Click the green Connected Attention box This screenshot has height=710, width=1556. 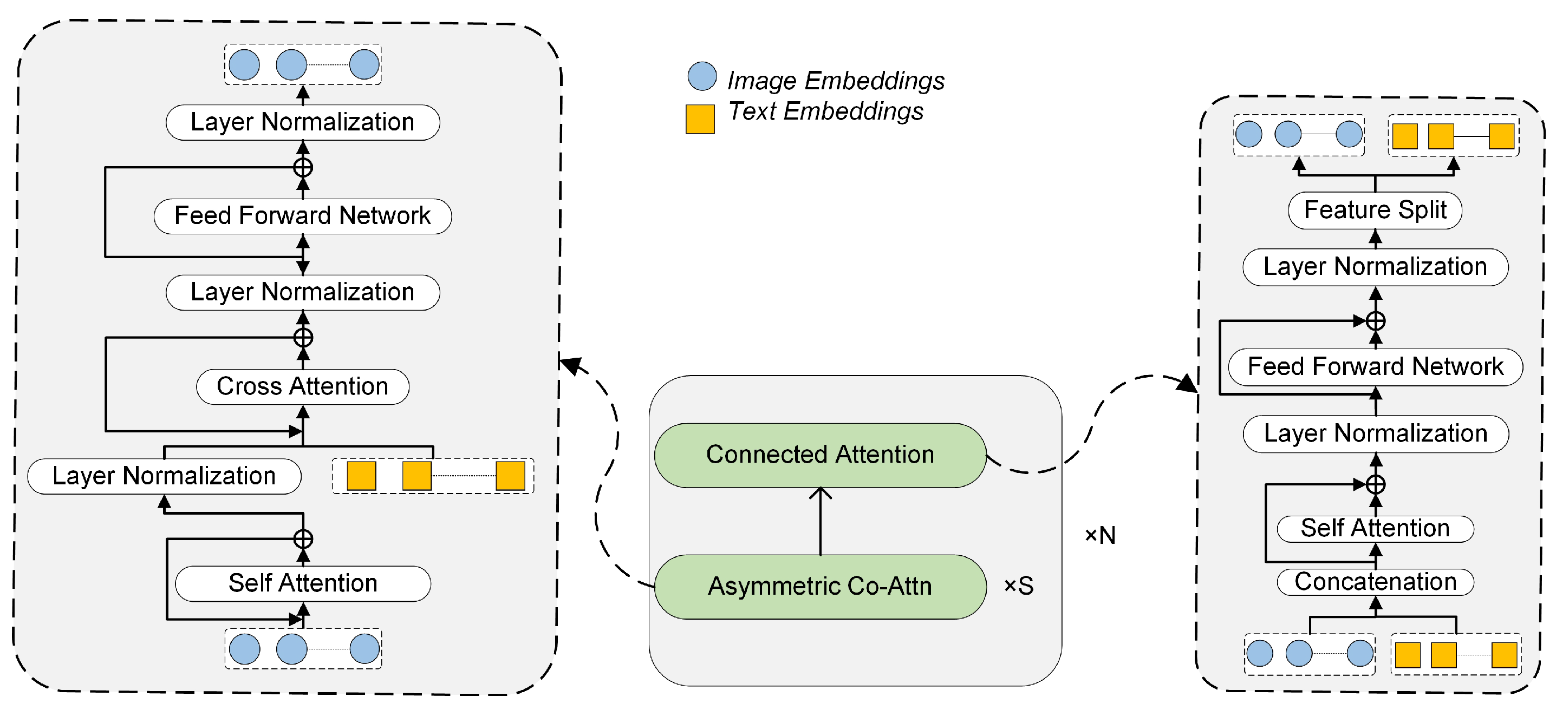[x=819, y=455]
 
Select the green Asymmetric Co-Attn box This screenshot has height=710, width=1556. [x=819, y=586]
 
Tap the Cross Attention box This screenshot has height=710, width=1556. [x=303, y=386]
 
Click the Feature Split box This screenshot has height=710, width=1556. [x=1375, y=210]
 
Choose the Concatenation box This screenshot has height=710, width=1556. [x=1375, y=582]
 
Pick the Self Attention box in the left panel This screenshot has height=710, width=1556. [x=303, y=583]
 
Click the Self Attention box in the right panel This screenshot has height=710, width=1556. [x=1375, y=528]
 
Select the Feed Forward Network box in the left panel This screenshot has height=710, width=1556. [x=303, y=215]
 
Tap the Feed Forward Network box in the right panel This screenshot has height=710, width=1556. [x=1375, y=366]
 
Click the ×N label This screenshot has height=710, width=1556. [x=1100, y=535]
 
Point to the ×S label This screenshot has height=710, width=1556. [x=1018, y=586]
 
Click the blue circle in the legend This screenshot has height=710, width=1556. [x=702, y=76]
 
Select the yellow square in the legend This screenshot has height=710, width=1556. [x=700, y=119]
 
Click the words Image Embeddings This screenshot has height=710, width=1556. [x=835, y=80]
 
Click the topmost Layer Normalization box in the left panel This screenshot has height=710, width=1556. [x=303, y=122]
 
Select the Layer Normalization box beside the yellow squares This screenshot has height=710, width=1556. [x=164, y=476]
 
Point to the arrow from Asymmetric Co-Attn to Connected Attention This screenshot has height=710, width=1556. [x=821, y=521]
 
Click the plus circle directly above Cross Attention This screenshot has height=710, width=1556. [x=303, y=337]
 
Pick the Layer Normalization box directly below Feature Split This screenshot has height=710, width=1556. [x=1375, y=266]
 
